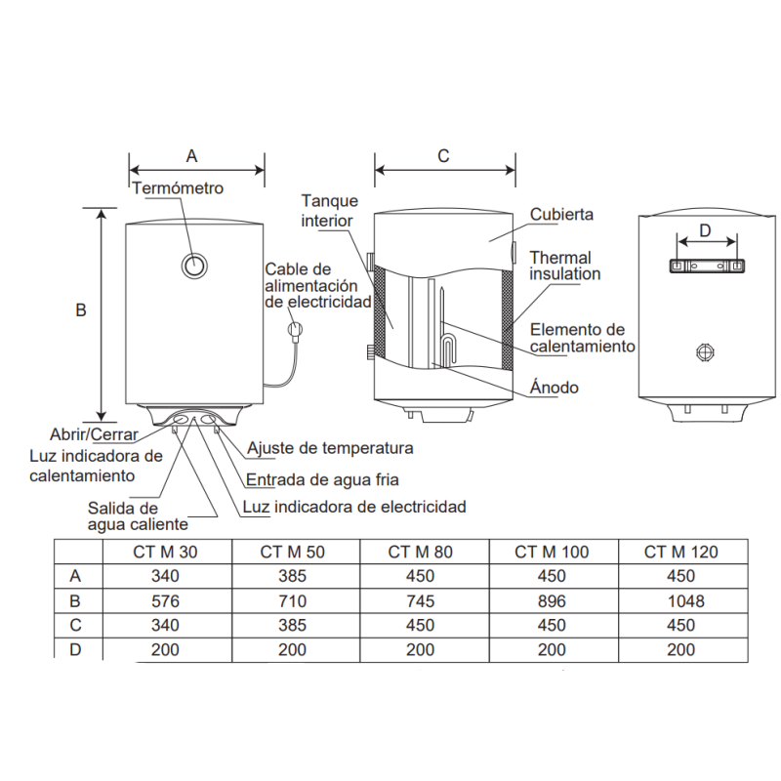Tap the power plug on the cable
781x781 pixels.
292,332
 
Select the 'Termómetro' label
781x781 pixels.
178,188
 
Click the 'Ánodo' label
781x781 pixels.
554,388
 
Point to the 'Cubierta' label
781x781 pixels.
561,214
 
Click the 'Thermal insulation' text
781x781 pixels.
564,267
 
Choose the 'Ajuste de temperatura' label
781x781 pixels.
330,448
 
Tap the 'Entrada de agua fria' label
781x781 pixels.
322,479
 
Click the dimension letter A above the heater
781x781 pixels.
192,155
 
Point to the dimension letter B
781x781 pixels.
81,310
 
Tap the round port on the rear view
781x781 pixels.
706,351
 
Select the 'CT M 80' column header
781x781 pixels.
421,552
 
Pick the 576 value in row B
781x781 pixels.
166,600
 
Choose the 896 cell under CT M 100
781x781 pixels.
552,600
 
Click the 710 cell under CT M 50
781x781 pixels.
292,600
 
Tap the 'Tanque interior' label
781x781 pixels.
329,210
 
